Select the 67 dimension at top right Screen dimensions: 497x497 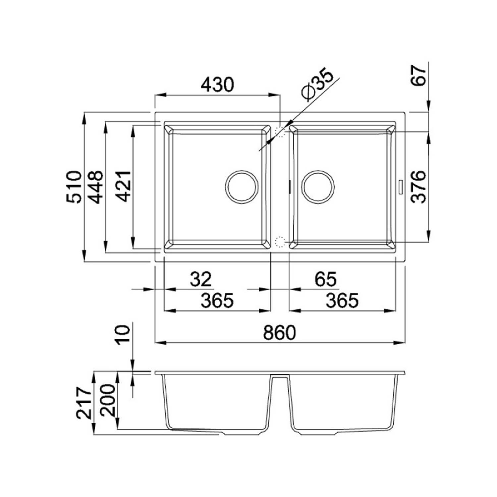[x=419, y=76]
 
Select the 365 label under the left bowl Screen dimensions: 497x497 [x=217, y=301]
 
